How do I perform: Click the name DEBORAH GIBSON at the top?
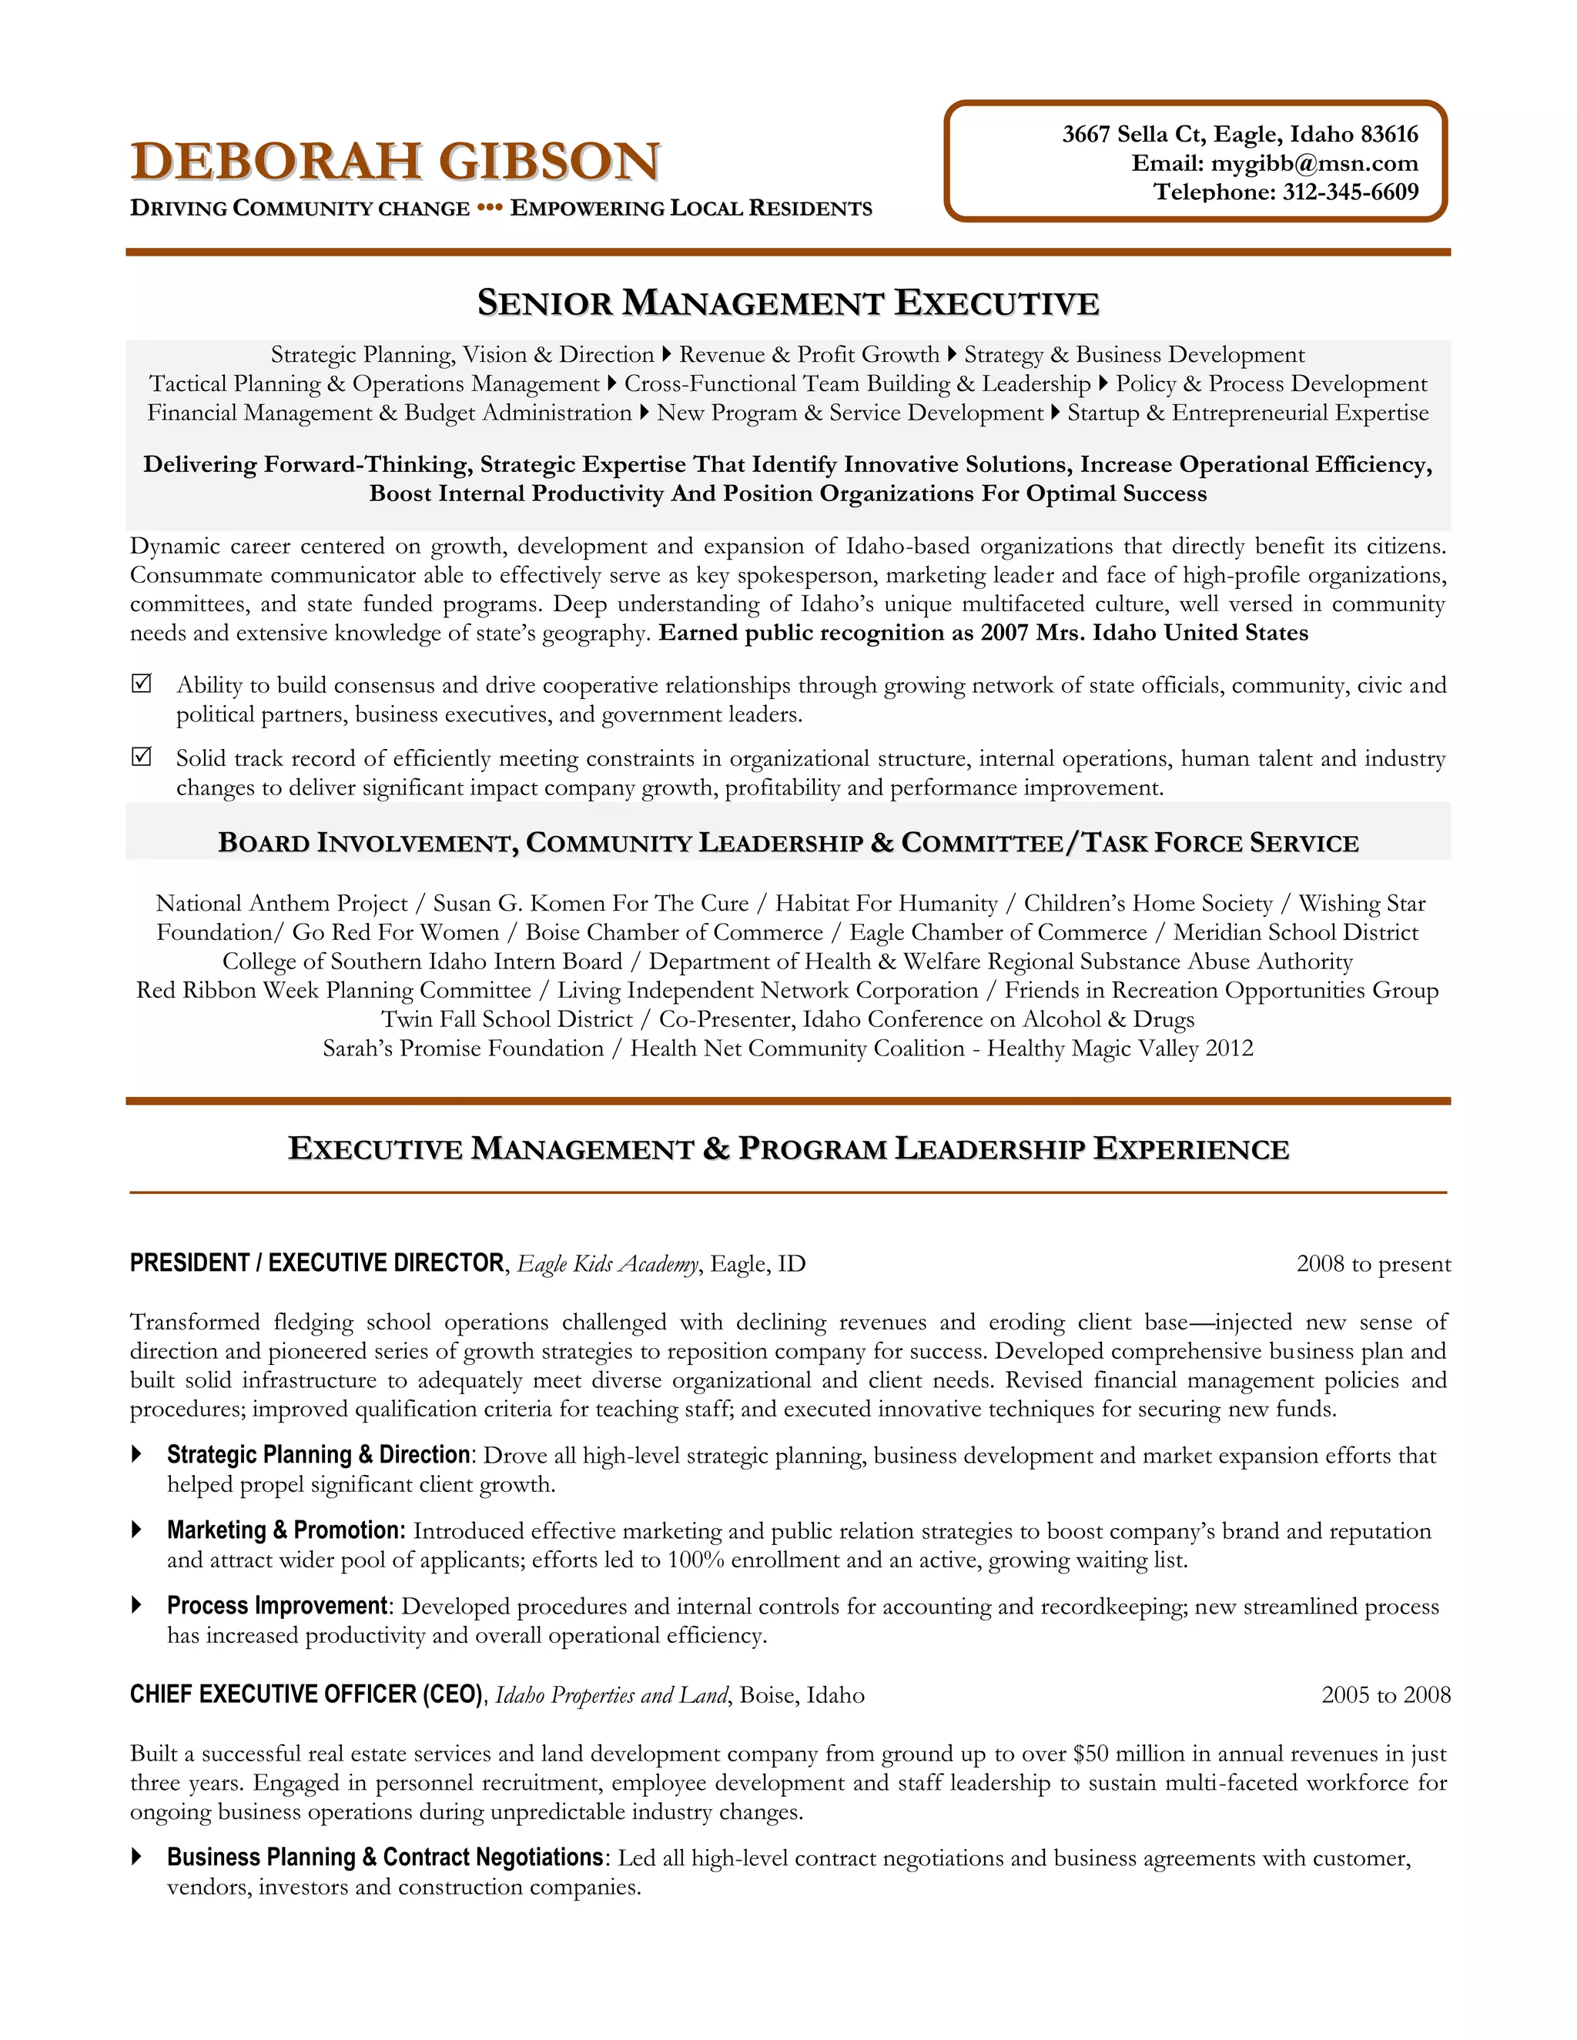[395, 162]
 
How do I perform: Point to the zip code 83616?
[1388, 135]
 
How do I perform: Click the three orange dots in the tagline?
[490, 207]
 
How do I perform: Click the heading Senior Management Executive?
[788, 303]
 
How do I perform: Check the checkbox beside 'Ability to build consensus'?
[141, 684]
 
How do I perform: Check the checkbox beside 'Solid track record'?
[141, 757]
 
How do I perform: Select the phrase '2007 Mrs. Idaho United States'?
[1143, 634]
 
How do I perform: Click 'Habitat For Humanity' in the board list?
[886, 903]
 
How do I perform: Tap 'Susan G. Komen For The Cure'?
[591, 903]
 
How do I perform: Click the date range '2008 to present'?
[1372, 1264]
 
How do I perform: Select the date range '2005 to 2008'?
[1385, 1695]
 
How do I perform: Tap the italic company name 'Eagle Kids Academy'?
[608, 1264]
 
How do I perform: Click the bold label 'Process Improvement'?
[276, 1606]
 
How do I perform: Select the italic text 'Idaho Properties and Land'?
[611, 1695]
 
